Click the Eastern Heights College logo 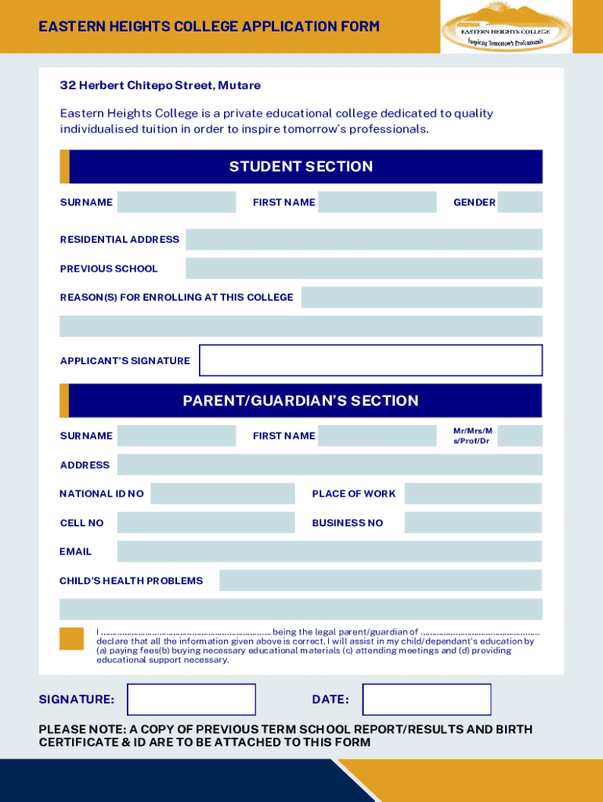(505, 27)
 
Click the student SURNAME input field (176, 202)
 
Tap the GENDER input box (519, 202)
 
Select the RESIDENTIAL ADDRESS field (363, 240)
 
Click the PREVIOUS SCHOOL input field (363, 269)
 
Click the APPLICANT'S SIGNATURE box (370, 360)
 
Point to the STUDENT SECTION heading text (301, 166)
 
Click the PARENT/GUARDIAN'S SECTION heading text (301, 400)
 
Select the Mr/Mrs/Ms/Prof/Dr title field (519, 435)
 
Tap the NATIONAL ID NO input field (222, 493)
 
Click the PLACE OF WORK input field (473, 493)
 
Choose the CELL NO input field (205, 522)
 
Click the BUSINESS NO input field (473, 522)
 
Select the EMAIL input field (329, 551)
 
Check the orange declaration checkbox (71, 638)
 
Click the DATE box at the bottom (427, 699)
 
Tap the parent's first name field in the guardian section (377, 435)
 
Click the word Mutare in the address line (240, 85)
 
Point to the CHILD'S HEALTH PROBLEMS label (131, 580)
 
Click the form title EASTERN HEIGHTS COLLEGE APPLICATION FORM (209, 27)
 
